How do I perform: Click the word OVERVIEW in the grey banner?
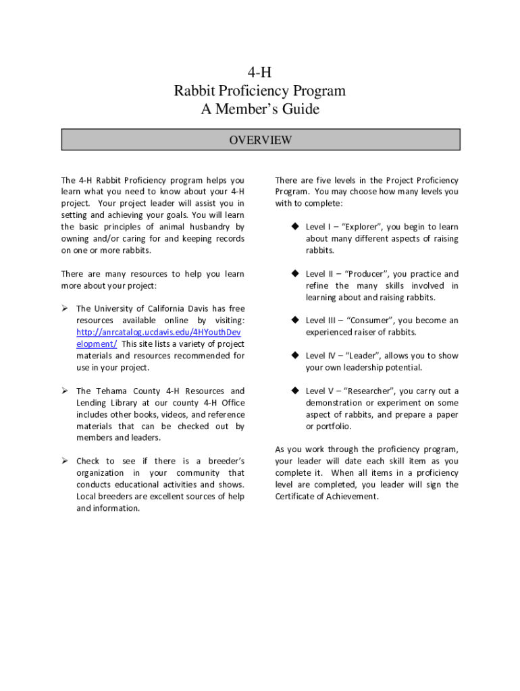[x=260, y=140]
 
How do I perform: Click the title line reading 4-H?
[x=260, y=72]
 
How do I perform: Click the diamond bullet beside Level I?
[x=295, y=227]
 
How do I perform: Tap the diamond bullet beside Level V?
[x=295, y=391]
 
